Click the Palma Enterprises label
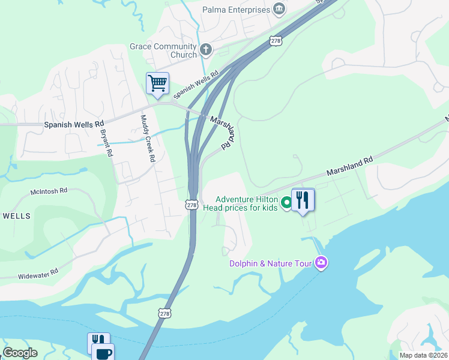click(x=236, y=10)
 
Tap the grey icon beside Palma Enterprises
click(x=279, y=9)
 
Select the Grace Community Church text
click(x=163, y=50)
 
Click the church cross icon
click(x=206, y=49)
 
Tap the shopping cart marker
click(x=157, y=83)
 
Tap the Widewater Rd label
click(x=38, y=272)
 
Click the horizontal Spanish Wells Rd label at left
click(x=74, y=125)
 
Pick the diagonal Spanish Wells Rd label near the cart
click(x=196, y=85)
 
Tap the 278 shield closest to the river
click(x=164, y=313)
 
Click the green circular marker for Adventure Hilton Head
click(x=286, y=203)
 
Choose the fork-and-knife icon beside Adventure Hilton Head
click(x=303, y=200)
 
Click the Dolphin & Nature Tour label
click(x=272, y=263)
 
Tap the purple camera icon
click(x=321, y=263)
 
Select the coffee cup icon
click(x=102, y=353)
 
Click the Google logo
click(x=20, y=353)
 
